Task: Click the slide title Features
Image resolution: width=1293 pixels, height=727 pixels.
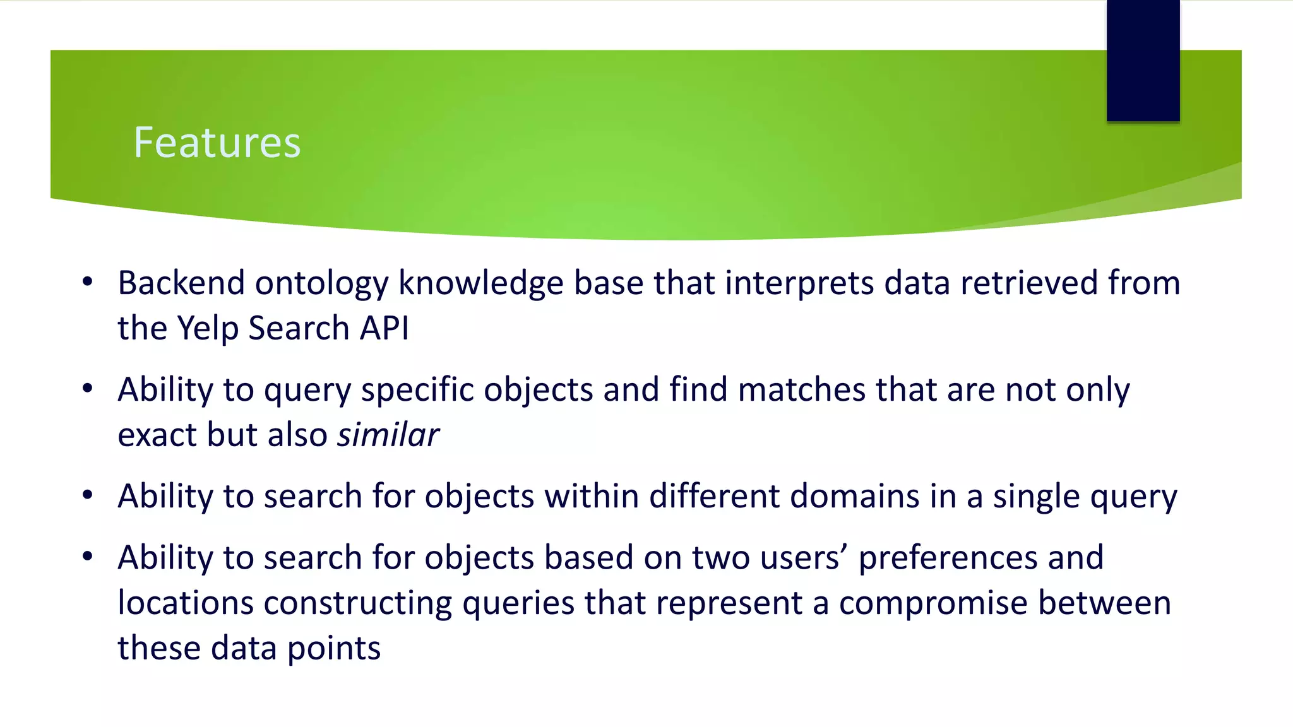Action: click(217, 143)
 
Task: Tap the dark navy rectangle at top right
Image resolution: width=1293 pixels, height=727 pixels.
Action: click(1143, 60)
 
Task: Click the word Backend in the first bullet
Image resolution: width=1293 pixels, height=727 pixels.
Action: click(181, 283)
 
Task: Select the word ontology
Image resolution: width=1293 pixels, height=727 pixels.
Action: click(321, 284)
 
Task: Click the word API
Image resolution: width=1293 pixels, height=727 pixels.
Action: click(384, 328)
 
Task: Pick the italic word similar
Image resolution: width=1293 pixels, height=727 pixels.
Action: click(388, 435)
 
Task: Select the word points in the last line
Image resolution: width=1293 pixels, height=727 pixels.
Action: click(334, 649)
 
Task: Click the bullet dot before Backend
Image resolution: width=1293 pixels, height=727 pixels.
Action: click(88, 281)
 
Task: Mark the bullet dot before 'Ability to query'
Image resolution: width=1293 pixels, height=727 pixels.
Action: click(88, 389)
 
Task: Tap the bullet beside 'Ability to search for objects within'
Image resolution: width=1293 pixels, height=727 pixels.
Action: click(88, 495)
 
